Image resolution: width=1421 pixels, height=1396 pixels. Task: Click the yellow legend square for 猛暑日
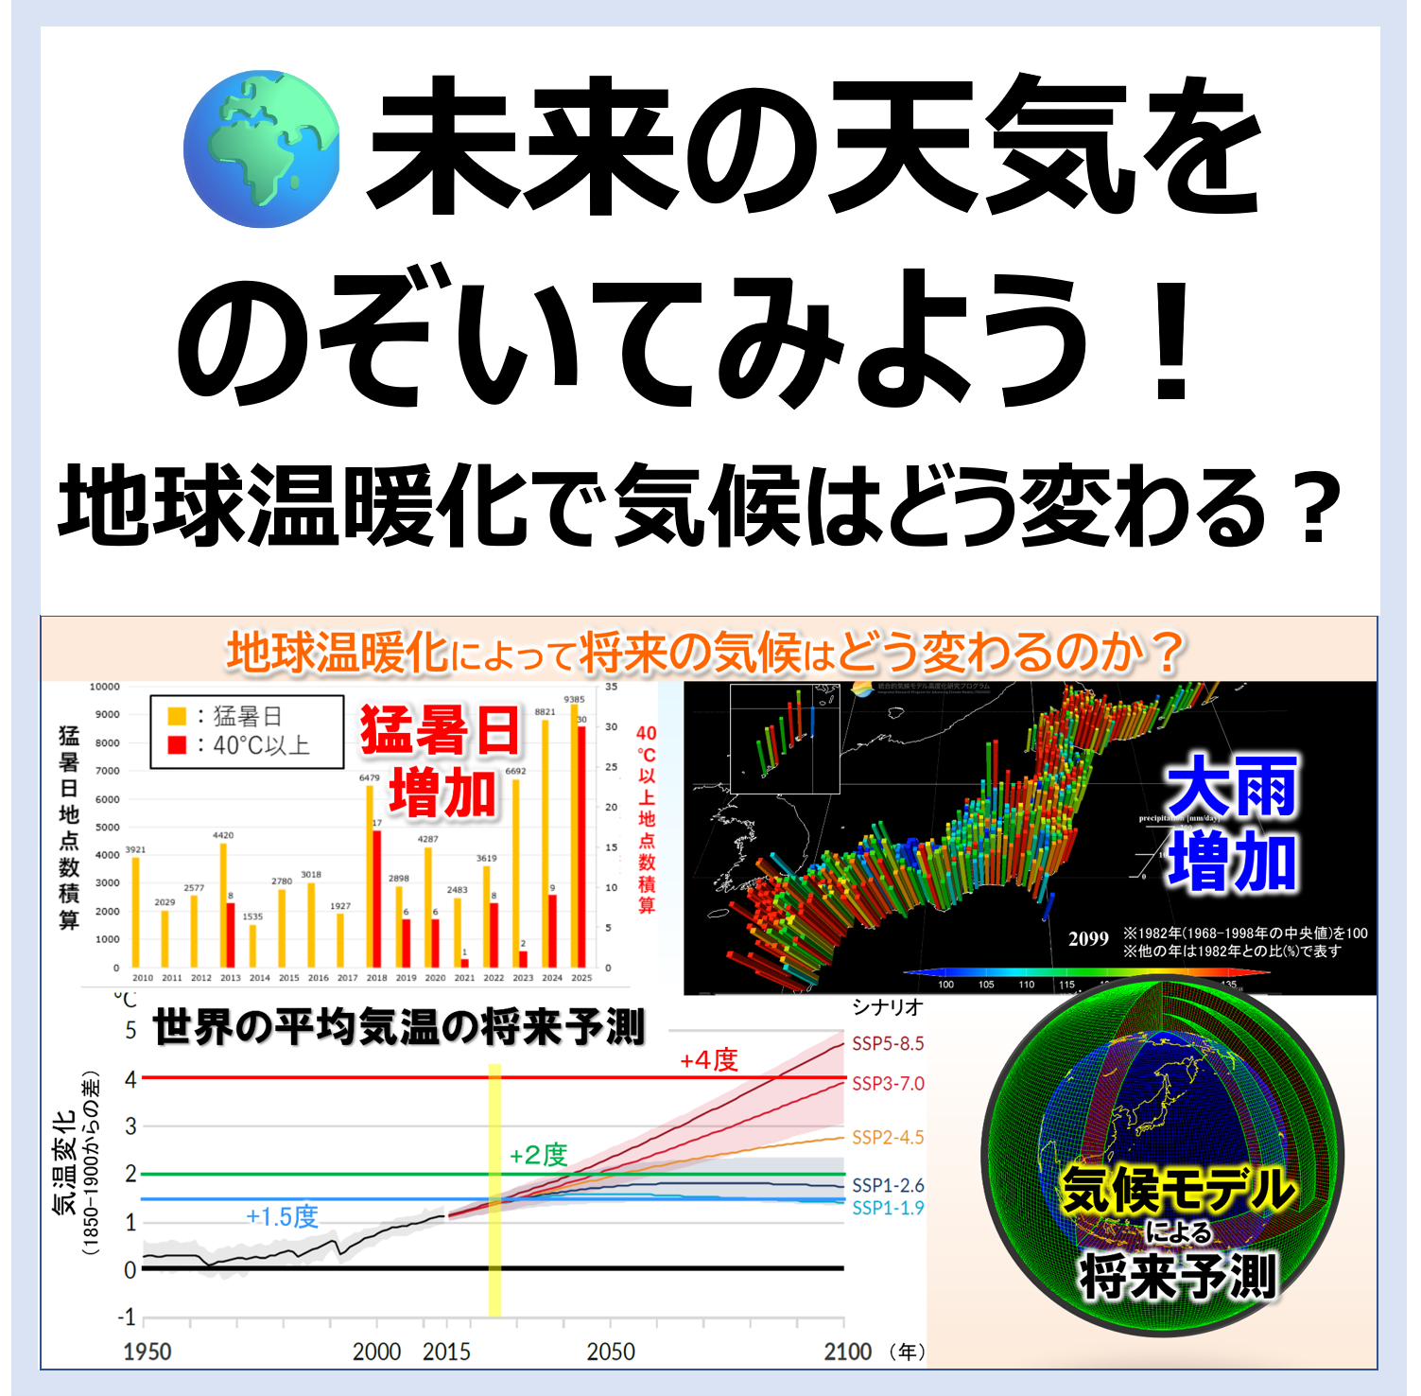tap(177, 716)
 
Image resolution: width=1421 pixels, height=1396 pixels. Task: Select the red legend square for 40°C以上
tap(177, 745)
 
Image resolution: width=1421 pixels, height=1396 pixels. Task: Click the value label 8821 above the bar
tap(546, 712)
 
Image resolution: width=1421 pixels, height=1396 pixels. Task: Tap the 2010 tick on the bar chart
tap(143, 978)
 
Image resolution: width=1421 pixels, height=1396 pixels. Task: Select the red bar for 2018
tap(377, 899)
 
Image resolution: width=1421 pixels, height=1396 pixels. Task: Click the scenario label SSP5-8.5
tap(888, 1044)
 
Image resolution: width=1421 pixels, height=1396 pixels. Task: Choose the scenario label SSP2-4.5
tap(888, 1138)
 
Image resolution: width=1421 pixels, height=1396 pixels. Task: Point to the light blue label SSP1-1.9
tap(888, 1208)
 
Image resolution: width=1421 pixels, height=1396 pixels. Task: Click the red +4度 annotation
tap(709, 1060)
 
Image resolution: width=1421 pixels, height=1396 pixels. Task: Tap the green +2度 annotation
tap(538, 1155)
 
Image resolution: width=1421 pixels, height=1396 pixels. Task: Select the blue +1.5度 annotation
tap(282, 1216)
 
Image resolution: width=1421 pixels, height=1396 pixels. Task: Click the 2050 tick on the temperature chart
tap(611, 1352)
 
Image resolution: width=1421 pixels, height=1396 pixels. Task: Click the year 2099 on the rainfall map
tap(1088, 939)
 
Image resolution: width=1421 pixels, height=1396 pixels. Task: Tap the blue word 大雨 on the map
tap(1231, 787)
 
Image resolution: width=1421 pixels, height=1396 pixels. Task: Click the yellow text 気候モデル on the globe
tap(1177, 1189)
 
